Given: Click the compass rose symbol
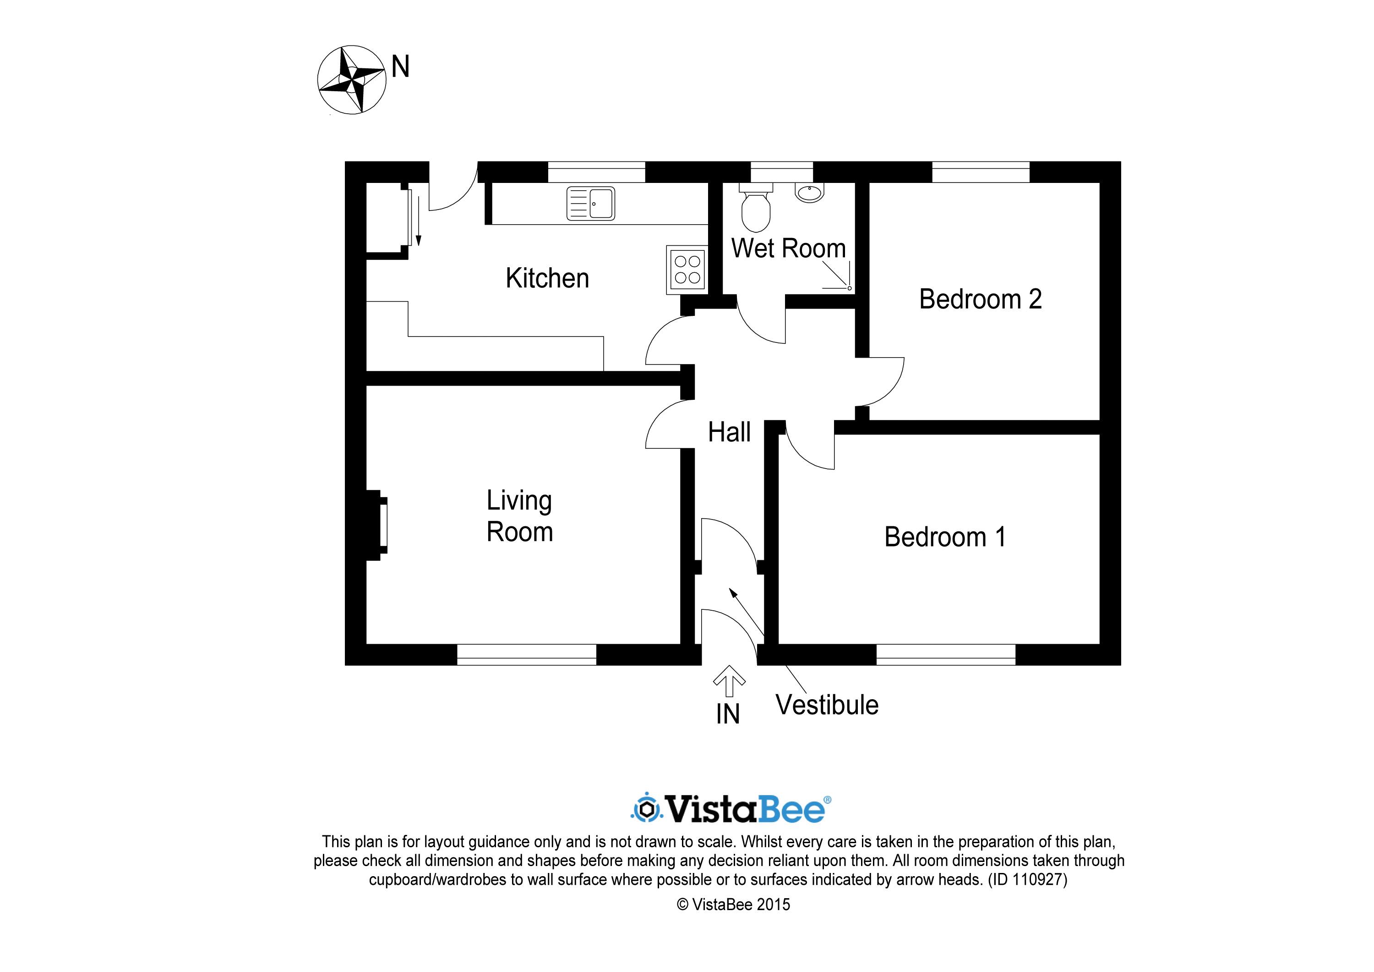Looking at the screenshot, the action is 351,80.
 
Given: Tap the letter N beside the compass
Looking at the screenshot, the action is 400,66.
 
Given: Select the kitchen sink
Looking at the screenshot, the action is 591,204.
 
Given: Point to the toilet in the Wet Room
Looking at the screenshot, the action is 756,207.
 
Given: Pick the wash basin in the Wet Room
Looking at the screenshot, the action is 810,192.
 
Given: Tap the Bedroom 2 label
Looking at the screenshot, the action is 980,299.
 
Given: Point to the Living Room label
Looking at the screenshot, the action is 519,516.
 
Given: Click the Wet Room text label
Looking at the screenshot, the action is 788,248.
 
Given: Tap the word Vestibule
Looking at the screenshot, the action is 827,705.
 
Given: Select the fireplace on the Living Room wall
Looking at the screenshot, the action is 376,525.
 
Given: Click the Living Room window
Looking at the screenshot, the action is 527,655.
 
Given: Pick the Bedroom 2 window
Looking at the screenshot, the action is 981,172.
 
